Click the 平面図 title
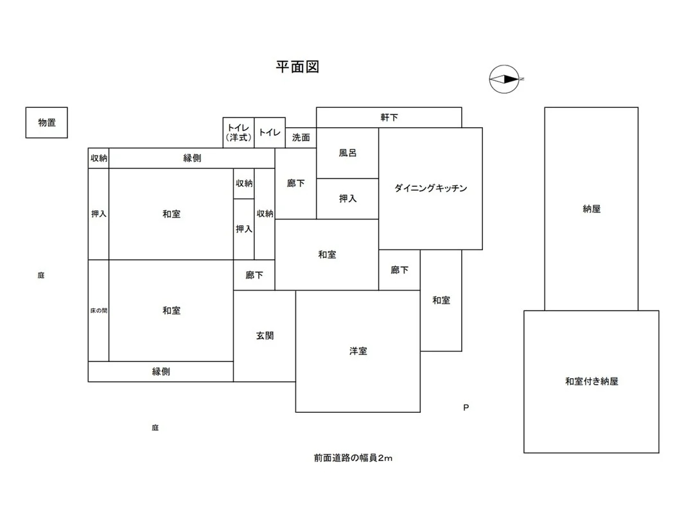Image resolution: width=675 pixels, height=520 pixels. (x=297, y=67)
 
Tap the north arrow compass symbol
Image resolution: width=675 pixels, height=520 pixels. (x=505, y=79)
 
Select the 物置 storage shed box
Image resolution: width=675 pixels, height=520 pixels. (x=46, y=123)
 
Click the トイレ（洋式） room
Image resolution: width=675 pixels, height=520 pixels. (x=238, y=133)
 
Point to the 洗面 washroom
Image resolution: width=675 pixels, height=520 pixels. (x=301, y=138)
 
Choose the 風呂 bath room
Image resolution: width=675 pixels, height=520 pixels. (x=347, y=153)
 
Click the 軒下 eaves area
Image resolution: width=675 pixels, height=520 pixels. (x=389, y=117)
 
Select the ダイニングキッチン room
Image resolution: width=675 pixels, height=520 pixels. (x=430, y=189)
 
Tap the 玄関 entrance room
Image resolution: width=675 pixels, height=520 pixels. (x=265, y=336)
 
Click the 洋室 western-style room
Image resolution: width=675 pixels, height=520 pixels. (x=358, y=351)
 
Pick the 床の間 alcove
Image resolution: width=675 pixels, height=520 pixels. (x=98, y=310)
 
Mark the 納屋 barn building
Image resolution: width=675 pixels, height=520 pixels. (x=592, y=209)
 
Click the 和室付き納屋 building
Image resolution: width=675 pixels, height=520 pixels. (x=592, y=381)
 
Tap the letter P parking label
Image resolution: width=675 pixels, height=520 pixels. (x=466, y=408)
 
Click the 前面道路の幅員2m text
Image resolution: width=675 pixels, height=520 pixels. (x=353, y=458)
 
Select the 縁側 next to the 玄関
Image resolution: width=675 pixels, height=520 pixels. (x=161, y=372)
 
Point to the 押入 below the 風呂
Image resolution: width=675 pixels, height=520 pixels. (x=347, y=199)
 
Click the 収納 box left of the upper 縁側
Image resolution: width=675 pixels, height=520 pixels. (x=98, y=158)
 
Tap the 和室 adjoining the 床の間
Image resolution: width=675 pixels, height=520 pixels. (x=171, y=310)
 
